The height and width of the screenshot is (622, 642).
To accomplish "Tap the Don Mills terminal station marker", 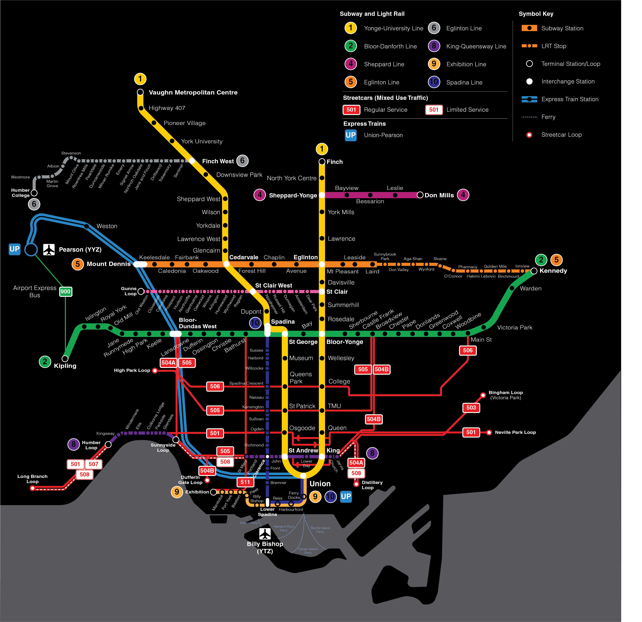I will click(x=420, y=195).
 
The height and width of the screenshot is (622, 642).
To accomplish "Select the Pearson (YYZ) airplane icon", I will click(x=49, y=249).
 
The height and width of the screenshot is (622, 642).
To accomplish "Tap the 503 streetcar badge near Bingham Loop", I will click(x=471, y=408).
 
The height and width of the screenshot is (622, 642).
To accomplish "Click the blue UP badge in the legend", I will click(x=350, y=135).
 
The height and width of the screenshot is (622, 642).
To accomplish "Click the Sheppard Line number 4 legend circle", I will click(x=350, y=64).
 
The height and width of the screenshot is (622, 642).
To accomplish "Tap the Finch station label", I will click(x=334, y=162).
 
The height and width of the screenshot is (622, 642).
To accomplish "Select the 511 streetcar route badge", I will click(x=245, y=482).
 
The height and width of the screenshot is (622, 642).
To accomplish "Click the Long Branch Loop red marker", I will click(x=32, y=488).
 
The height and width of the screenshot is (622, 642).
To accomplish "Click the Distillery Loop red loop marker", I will click(x=356, y=484).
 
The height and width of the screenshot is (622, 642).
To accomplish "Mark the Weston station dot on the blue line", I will click(x=86, y=226).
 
